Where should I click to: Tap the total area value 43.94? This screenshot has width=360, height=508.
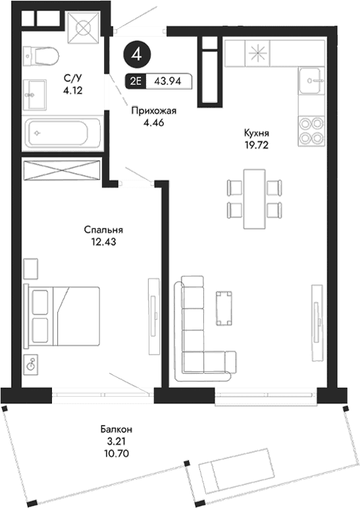168,82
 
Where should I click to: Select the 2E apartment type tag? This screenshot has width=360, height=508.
135,82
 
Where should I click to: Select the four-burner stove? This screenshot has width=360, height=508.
311,130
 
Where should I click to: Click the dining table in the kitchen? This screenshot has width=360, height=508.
254,198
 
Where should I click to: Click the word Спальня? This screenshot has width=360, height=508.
104,230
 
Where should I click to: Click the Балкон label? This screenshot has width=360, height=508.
105,430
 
